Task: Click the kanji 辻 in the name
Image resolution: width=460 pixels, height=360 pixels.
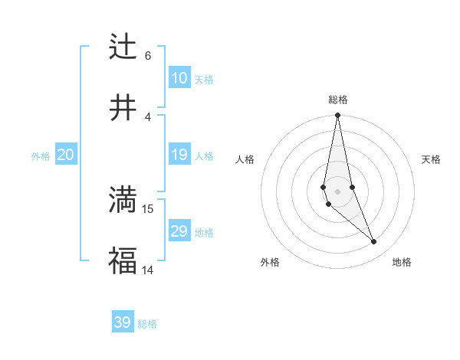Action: pyautogui.click(x=123, y=46)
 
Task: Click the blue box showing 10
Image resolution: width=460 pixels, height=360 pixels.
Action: pyautogui.click(x=179, y=78)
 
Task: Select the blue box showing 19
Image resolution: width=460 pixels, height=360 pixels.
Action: pyautogui.click(x=179, y=155)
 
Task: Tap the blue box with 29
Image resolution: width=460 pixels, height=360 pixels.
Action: pyautogui.click(x=179, y=231)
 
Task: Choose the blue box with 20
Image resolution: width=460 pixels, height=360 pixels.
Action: pyautogui.click(x=65, y=155)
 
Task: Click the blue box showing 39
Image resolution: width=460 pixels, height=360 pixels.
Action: pyautogui.click(x=123, y=322)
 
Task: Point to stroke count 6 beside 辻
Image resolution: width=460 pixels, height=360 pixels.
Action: pyautogui.click(x=148, y=55)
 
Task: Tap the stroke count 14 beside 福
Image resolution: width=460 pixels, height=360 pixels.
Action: pyautogui.click(x=148, y=270)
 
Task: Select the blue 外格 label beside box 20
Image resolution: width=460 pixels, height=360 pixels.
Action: pyautogui.click(x=41, y=156)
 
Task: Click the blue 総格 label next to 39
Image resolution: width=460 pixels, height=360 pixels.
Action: pyautogui.click(x=148, y=324)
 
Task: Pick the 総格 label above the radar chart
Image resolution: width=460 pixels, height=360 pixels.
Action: pyautogui.click(x=338, y=100)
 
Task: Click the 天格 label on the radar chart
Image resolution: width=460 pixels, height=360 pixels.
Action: pyautogui.click(x=432, y=159)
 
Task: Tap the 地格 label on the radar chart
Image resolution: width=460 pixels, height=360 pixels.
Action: pyautogui.click(x=402, y=262)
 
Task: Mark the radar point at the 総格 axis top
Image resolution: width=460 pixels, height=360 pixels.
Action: pyautogui.click(x=337, y=116)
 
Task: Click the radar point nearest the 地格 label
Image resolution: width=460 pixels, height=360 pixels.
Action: pyautogui.click(x=374, y=242)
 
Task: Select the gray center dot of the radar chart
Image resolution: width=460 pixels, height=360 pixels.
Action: pyautogui.click(x=337, y=191)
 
